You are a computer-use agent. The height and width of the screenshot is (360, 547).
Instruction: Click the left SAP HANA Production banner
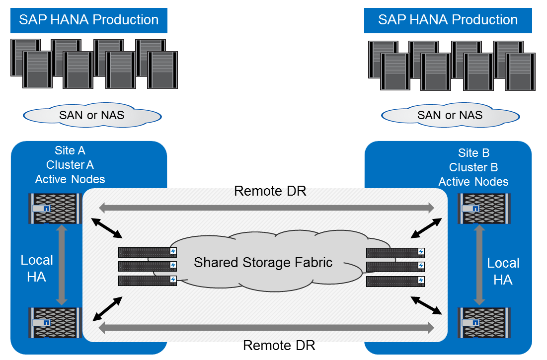[89, 20]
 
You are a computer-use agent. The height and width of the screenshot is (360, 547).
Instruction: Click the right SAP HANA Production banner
[448, 20]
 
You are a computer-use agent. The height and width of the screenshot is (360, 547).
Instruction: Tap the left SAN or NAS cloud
[92, 116]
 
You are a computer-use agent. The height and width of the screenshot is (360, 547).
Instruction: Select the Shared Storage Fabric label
[263, 262]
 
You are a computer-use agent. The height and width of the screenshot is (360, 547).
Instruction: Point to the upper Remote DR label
[270, 191]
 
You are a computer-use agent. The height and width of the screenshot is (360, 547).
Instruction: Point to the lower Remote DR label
[279, 346]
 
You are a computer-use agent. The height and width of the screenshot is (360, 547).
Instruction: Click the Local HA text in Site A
[37, 268]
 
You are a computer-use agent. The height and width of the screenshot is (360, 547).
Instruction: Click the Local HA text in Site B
[503, 271]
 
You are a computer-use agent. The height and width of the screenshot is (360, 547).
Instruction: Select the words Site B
[473, 153]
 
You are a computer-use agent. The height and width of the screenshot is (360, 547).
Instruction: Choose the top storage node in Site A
[55, 209]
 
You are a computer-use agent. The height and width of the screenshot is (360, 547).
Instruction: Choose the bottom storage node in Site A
[55, 322]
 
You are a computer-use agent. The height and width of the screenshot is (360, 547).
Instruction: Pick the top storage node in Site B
[480, 208]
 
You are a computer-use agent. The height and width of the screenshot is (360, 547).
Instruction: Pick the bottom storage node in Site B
[480, 322]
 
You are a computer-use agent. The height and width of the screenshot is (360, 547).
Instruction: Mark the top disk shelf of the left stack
[148, 252]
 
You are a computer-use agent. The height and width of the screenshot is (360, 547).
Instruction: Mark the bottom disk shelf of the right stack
[395, 282]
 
